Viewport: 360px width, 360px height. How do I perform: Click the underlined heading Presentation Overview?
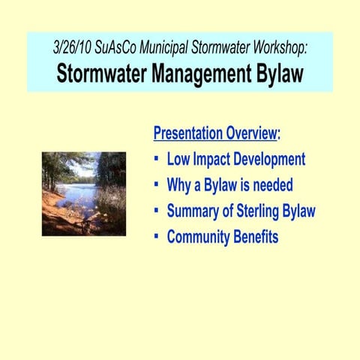point(214,133)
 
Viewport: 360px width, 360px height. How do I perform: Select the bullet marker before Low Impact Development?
point(156,160)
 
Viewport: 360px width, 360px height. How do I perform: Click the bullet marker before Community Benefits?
point(156,237)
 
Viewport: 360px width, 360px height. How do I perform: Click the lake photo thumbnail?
point(83,193)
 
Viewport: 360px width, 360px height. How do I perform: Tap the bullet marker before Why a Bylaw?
point(156,185)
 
